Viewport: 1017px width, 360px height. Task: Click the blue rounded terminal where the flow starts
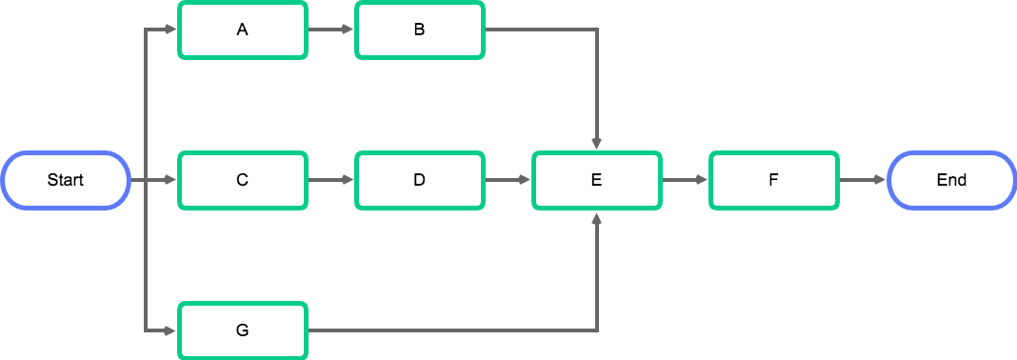(66, 180)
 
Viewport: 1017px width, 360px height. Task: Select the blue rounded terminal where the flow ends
(951, 180)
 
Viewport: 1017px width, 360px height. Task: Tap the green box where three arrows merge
(597, 180)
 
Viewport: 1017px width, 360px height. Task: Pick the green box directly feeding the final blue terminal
(774, 180)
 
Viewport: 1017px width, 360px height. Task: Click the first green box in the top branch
(243, 30)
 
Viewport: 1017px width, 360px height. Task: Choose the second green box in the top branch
(420, 30)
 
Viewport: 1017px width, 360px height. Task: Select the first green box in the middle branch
(243, 180)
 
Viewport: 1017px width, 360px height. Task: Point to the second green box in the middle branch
(420, 180)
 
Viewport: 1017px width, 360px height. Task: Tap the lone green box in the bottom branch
(243, 330)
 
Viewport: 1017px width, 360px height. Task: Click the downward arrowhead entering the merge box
(597, 144)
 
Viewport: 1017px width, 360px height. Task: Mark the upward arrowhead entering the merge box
(597, 217)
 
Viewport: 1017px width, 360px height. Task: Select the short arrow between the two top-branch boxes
(331, 30)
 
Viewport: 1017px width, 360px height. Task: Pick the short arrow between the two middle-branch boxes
(331, 180)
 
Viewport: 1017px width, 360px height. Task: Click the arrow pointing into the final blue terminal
(863, 180)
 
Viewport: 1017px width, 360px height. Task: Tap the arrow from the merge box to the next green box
(686, 180)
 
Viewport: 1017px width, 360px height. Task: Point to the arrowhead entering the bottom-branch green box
(171, 330)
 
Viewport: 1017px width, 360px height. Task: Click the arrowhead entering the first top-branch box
(171, 30)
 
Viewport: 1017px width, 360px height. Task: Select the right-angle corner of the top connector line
(597, 30)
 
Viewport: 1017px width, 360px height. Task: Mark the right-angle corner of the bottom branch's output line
(597, 330)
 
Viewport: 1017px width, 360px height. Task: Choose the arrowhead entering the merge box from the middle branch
(525, 180)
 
